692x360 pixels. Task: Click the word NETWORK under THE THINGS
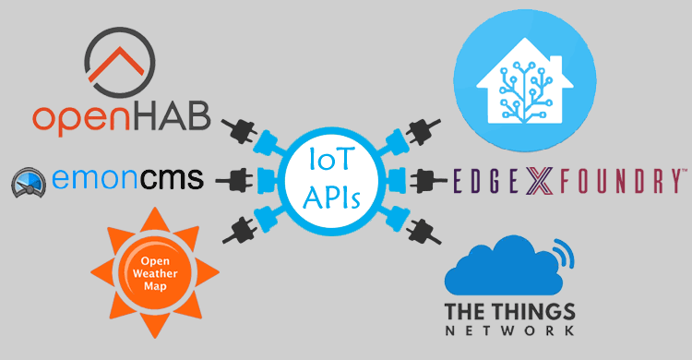click(510, 330)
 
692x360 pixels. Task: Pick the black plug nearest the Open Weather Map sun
click(236, 227)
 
